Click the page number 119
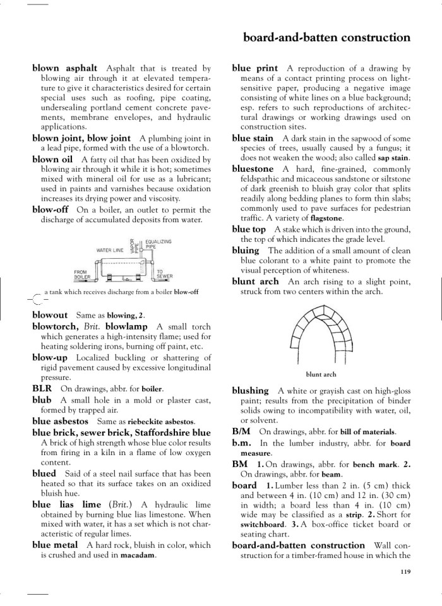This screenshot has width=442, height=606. click(405, 573)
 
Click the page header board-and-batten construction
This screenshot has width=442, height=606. click(326, 37)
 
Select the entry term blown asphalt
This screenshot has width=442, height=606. click(64, 68)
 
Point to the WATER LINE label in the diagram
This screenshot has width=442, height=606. click(109, 250)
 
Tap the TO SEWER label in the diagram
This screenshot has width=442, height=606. click(165, 275)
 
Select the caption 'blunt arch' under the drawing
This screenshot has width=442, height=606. click(321, 374)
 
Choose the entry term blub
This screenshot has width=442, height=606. click(42, 400)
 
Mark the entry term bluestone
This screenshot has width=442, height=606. click(253, 169)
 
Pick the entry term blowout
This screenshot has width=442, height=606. click(50, 314)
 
